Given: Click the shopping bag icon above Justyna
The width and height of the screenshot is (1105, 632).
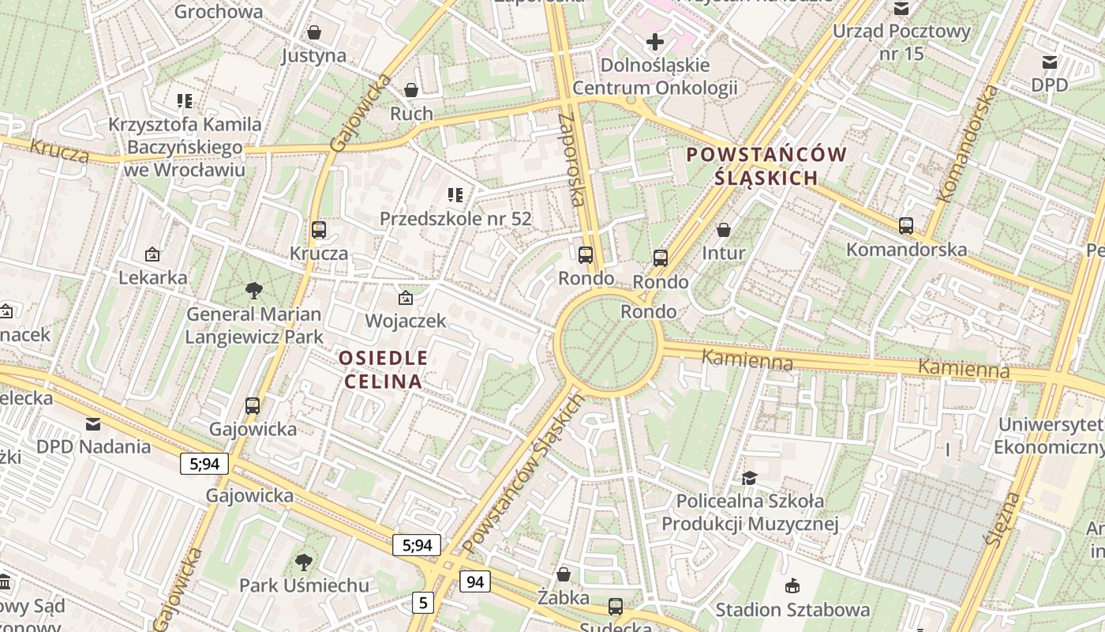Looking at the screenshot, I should pos(314,32).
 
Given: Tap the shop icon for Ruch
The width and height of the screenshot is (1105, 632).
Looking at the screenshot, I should pos(411,90).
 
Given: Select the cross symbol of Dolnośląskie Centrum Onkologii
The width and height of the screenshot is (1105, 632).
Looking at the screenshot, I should pos(654,42).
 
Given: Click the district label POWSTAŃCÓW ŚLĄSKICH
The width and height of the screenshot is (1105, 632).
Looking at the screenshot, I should pos(766,166).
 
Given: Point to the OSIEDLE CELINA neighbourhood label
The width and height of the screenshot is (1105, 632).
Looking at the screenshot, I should pos(384,370).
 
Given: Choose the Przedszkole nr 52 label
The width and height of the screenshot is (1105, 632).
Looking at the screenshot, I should pos(455,219).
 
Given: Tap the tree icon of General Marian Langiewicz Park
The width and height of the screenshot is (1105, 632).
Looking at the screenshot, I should pos(254,291).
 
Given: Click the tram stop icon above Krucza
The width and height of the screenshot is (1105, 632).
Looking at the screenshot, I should pos(319,230).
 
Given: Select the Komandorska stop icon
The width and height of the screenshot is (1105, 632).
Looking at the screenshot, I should pos(906,226).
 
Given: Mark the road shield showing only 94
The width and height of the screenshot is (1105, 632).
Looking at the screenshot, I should pos(474,582).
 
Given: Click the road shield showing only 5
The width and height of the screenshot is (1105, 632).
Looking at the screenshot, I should pos(423,603).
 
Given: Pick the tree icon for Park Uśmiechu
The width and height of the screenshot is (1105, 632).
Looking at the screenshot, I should pos(304,562).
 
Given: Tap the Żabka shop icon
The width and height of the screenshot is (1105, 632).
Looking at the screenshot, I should pos(564,574).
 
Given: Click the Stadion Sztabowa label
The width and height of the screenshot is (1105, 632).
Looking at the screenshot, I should pos(792,610).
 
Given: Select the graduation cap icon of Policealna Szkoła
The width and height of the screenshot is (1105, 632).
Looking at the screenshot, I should pos(749,478).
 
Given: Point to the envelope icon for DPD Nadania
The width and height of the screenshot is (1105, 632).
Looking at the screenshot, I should pos(93,423).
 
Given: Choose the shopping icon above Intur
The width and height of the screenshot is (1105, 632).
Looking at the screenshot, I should pos(724,230).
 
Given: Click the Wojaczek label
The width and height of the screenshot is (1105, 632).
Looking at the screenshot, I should pos(406,321).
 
